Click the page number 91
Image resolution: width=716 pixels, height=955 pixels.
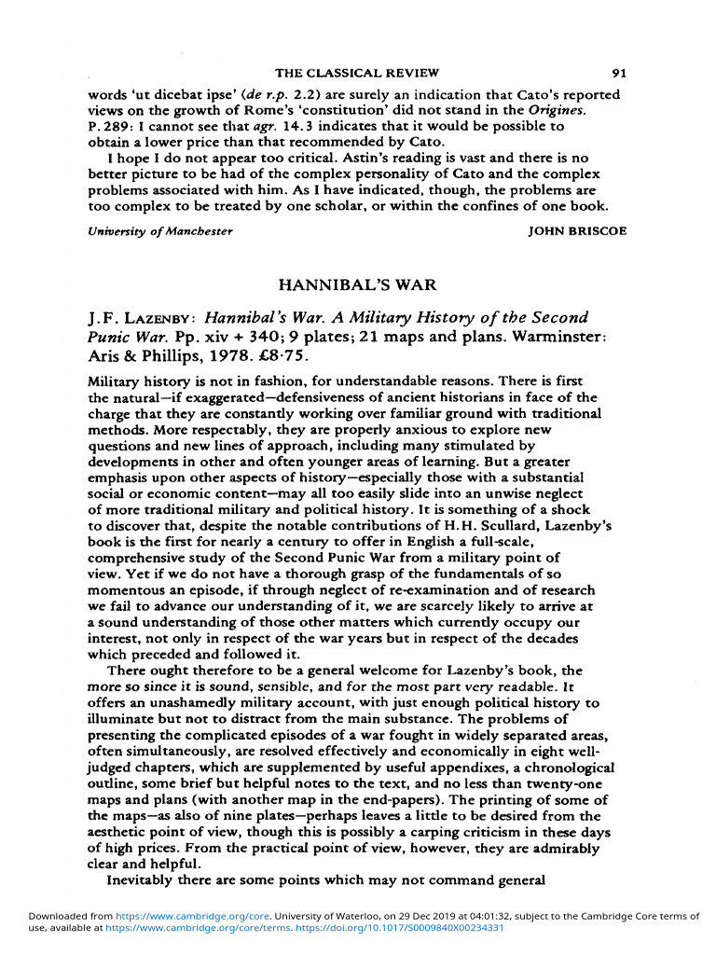coord(618,73)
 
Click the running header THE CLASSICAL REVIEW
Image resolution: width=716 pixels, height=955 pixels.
coord(357,73)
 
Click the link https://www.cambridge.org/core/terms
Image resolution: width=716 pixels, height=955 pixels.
coord(162,929)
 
